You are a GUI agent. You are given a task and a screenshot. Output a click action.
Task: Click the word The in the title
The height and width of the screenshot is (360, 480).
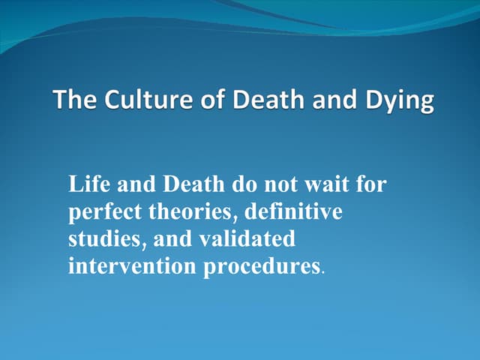[72, 101]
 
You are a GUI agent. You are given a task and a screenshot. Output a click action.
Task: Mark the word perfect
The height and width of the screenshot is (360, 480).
[107, 212]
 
